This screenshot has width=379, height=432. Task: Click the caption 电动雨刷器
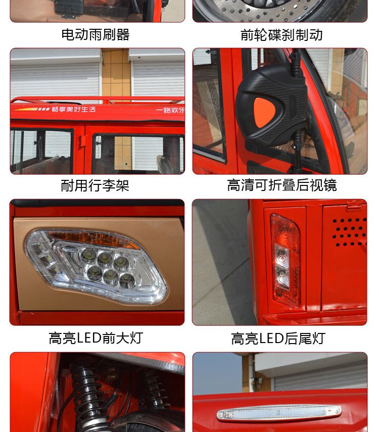[96, 35]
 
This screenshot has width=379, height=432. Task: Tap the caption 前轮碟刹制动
[281, 35]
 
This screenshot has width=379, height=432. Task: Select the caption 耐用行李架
[95, 185]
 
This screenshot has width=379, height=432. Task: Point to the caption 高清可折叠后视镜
[281, 185]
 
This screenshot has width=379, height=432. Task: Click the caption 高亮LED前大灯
[96, 338]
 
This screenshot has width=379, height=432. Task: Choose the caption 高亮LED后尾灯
[278, 339]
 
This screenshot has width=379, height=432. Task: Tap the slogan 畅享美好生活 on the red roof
[74, 109]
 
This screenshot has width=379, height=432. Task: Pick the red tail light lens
[285, 260]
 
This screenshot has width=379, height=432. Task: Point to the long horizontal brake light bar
[279, 412]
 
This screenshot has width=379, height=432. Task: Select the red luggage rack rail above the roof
[98, 99]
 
